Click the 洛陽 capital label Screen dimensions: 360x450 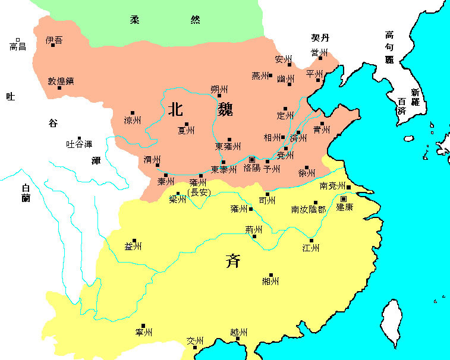click(252, 169)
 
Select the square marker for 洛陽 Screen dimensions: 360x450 click(252, 160)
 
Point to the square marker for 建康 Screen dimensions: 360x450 click(344, 198)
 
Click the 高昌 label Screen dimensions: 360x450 click(18, 46)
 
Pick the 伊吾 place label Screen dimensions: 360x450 click(54, 40)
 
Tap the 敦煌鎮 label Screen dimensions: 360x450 click(61, 81)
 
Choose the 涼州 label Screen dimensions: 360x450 click(133, 120)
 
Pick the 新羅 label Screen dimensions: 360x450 click(415, 97)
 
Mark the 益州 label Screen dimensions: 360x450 click(133, 247)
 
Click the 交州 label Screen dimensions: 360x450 click(195, 341)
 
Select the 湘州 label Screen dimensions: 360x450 click(270, 281)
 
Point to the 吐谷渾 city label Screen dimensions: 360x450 click(79, 144)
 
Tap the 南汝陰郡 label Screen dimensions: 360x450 click(308, 210)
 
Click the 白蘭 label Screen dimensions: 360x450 click(26, 192)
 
